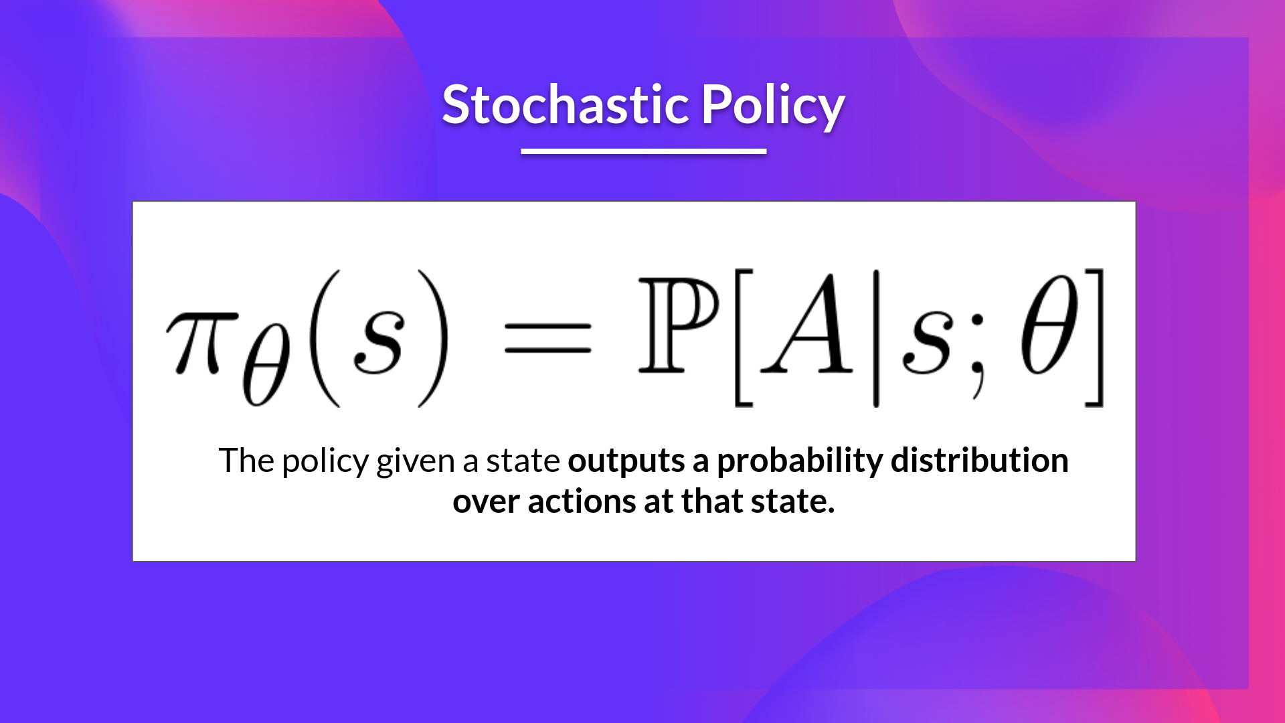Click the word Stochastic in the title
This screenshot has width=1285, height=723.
[x=566, y=105]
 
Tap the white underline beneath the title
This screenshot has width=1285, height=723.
[x=643, y=151]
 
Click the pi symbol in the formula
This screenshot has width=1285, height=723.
[x=201, y=341]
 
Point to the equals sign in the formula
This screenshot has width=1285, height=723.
[x=547, y=338]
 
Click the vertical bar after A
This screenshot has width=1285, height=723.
[x=875, y=338]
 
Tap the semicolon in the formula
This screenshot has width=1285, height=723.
[x=978, y=355]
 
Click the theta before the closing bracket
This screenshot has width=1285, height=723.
[x=1049, y=326]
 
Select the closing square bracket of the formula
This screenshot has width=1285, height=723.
[x=1095, y=338]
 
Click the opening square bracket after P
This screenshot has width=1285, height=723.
[x=744, y=338]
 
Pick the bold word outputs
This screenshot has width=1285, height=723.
[x=626, y=462]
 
